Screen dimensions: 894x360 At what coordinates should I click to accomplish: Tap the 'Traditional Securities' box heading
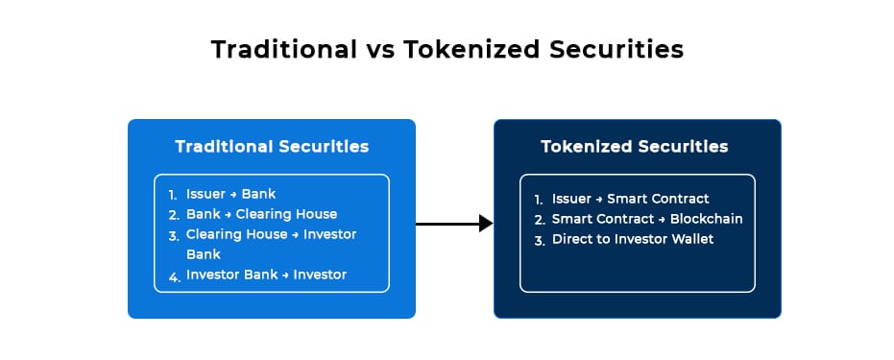tap(272, 146)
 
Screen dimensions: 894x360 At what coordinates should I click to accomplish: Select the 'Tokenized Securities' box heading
tap(635, 146)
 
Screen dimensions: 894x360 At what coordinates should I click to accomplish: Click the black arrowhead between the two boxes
tap(486, 224)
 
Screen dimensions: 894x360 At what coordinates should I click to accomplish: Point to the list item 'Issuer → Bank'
tap(230, 194)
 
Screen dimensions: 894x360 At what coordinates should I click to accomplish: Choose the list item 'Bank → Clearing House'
tap(262, 214)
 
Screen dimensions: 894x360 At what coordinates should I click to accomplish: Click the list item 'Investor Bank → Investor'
tap(266, 275)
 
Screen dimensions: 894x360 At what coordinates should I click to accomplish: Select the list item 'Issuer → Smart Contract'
tap(631, 199)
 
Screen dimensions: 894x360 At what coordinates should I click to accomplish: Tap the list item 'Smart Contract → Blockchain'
tap(647, 219)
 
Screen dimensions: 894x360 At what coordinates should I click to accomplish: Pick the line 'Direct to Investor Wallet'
tap(633, 239)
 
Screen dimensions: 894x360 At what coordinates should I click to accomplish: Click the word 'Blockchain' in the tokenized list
tap(707, 219)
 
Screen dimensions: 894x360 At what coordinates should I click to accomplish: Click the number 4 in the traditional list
tap(174, 277)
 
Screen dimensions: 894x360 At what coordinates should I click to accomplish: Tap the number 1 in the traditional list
tap(173, 195)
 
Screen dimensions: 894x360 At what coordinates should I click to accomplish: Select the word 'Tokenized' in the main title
tap(471, 50)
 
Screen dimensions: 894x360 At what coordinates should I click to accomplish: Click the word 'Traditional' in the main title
tap(283, 50)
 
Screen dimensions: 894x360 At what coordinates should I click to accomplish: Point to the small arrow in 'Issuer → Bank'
tap(233, 194)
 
